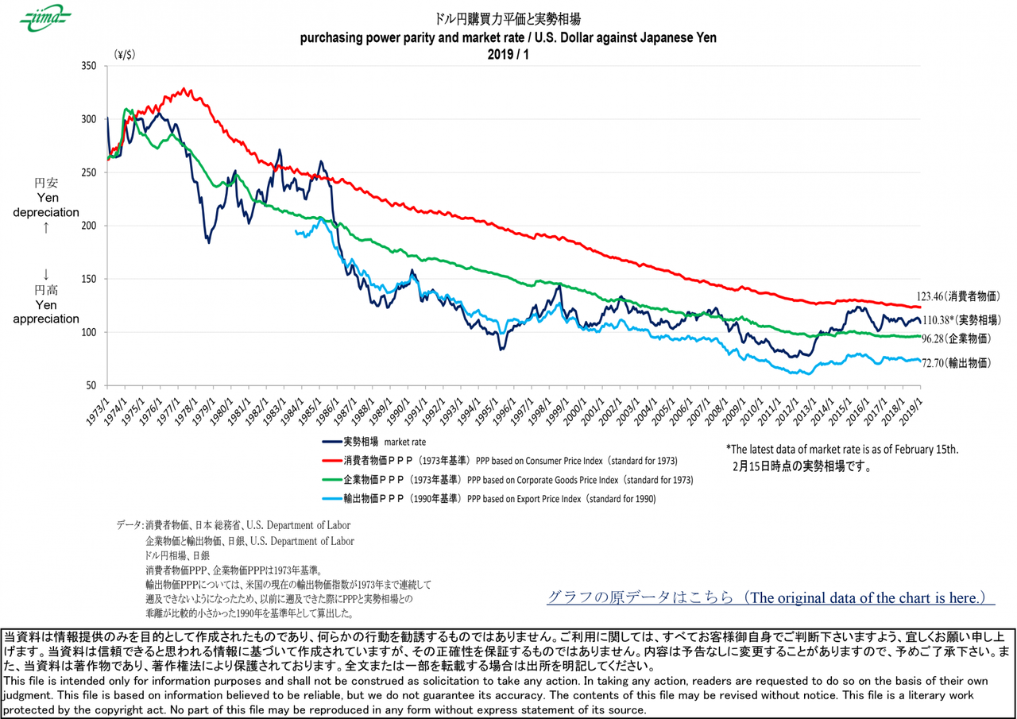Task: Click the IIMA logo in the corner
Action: click(x=45, y=18)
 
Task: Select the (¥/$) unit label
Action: click(x=126, y=55)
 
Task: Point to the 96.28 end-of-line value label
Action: click(x=955, y=338)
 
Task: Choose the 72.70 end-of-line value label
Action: click(x=956, y=362)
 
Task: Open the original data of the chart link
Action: click(x=770, y=597)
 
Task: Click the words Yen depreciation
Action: click(x=46, y=205)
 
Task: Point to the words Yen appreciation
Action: click(x=46, y=311)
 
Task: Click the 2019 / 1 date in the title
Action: click(x=508, y=54)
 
